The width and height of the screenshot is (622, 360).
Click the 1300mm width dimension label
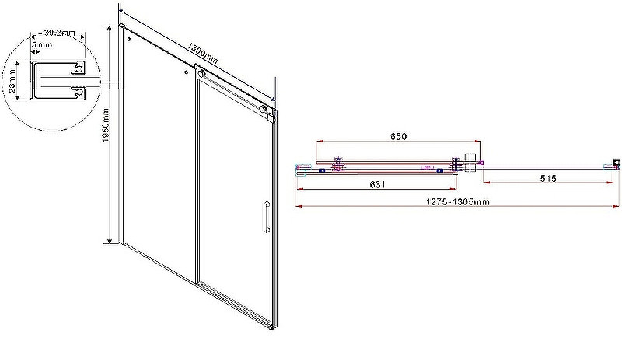pos(203,54)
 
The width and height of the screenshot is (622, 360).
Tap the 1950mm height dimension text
pos(106,125)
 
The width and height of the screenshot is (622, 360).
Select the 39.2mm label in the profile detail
pos(59,33)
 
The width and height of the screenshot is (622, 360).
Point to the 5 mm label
pos(42,45)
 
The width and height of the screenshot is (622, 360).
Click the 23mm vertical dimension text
pos(12,82)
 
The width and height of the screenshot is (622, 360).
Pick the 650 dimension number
pos(398,137)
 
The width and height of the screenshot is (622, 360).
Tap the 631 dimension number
pos(377,184)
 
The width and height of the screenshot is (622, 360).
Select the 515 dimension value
pos(548,179)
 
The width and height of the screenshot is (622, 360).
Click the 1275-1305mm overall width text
pos(458,202)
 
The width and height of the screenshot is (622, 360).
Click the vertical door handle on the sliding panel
pos(265,217)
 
